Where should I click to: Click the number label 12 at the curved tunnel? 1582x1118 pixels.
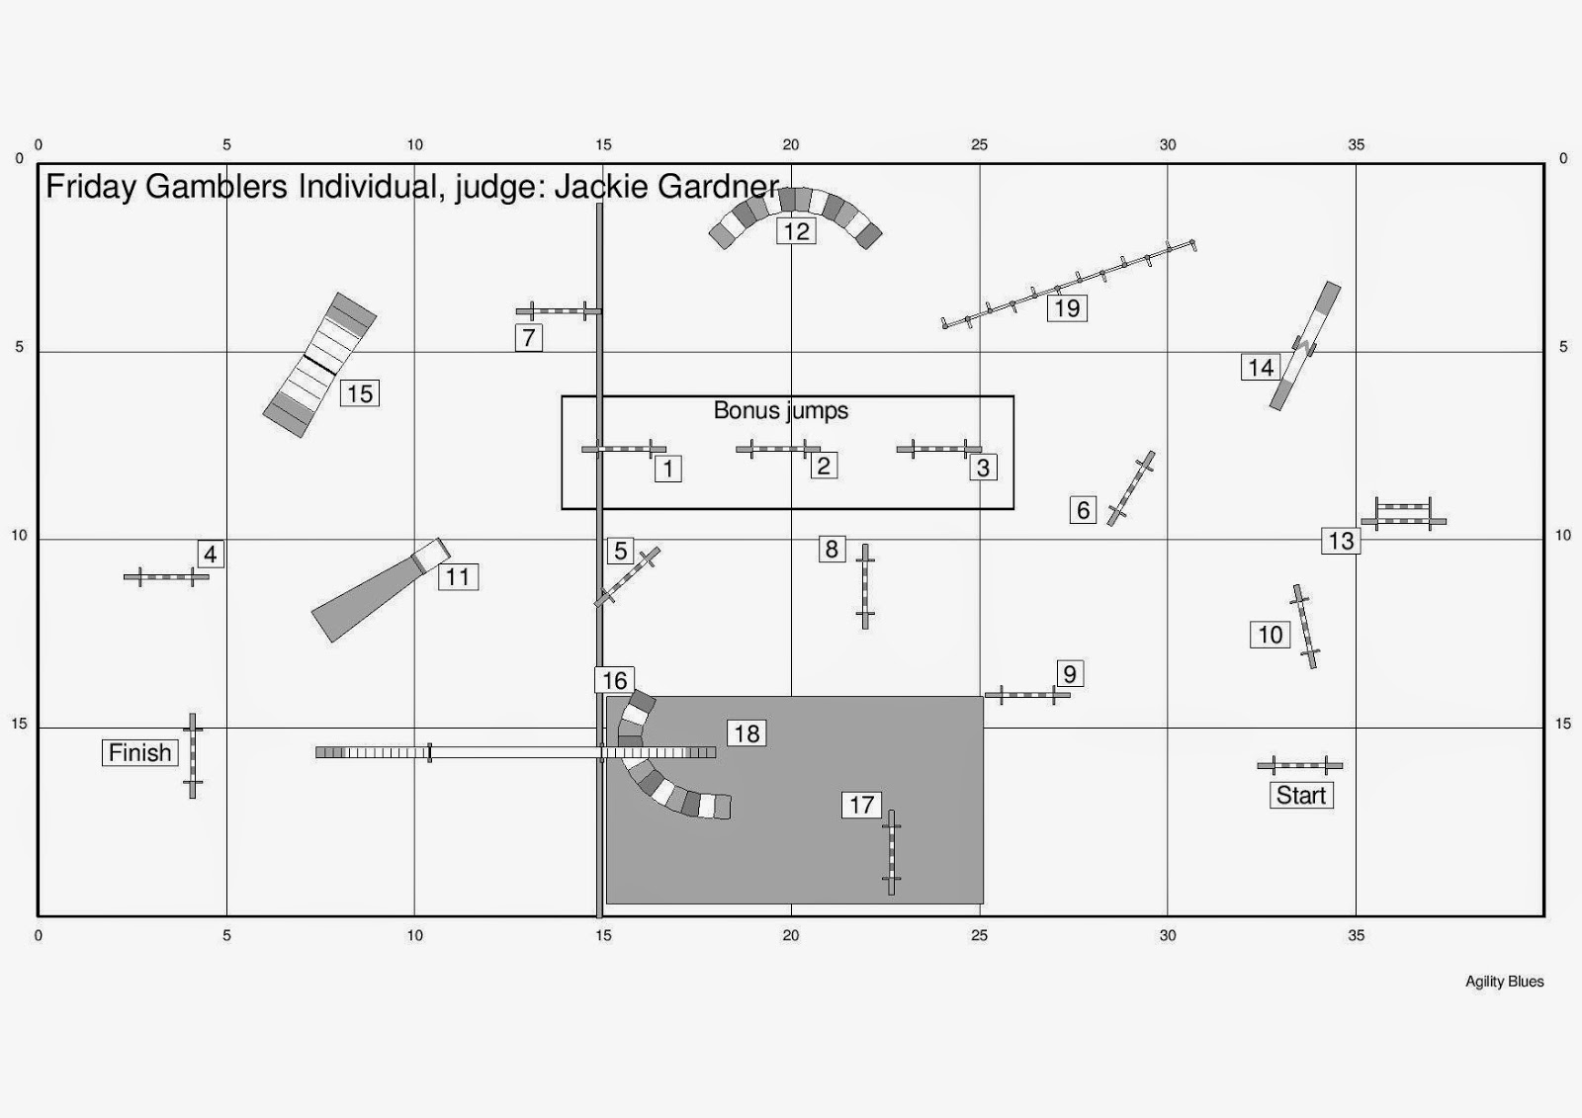click(x=796, y=231)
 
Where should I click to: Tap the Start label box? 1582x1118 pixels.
click(x=1301, y=795)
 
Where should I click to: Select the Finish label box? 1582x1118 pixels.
click(x=139, y=753)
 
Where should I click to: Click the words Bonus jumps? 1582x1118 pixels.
click(x=780, y=410)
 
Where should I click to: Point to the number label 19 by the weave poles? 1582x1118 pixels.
click(x=1067, y=308)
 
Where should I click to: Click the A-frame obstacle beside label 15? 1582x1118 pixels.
click(x=319, y=365)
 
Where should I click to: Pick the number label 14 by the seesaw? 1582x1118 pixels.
click(x=1261, y=368)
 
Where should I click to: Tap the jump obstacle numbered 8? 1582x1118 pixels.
click(x=865, y=586)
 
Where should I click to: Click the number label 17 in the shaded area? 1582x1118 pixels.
click(x=861, y=805)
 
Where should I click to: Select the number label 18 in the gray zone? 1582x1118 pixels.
click(x=747, y=733)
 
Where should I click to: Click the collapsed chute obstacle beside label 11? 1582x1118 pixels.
click(x=381, y=590)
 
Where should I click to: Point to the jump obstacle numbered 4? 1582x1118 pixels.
click(x=166, y=577)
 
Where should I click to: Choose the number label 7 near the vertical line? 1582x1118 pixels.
click(x=528, y=338)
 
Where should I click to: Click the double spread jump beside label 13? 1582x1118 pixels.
click(x=1403, y=514)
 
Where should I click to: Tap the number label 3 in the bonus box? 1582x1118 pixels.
click(x=983, y=468)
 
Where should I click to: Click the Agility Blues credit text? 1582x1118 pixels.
click(x=1504, y=982)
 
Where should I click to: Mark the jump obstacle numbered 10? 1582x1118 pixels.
click(x=1304, y=627)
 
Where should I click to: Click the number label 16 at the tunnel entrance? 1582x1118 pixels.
click(x=614, y=681)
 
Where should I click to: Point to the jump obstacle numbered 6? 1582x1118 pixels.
click(x=1131, y=488)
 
